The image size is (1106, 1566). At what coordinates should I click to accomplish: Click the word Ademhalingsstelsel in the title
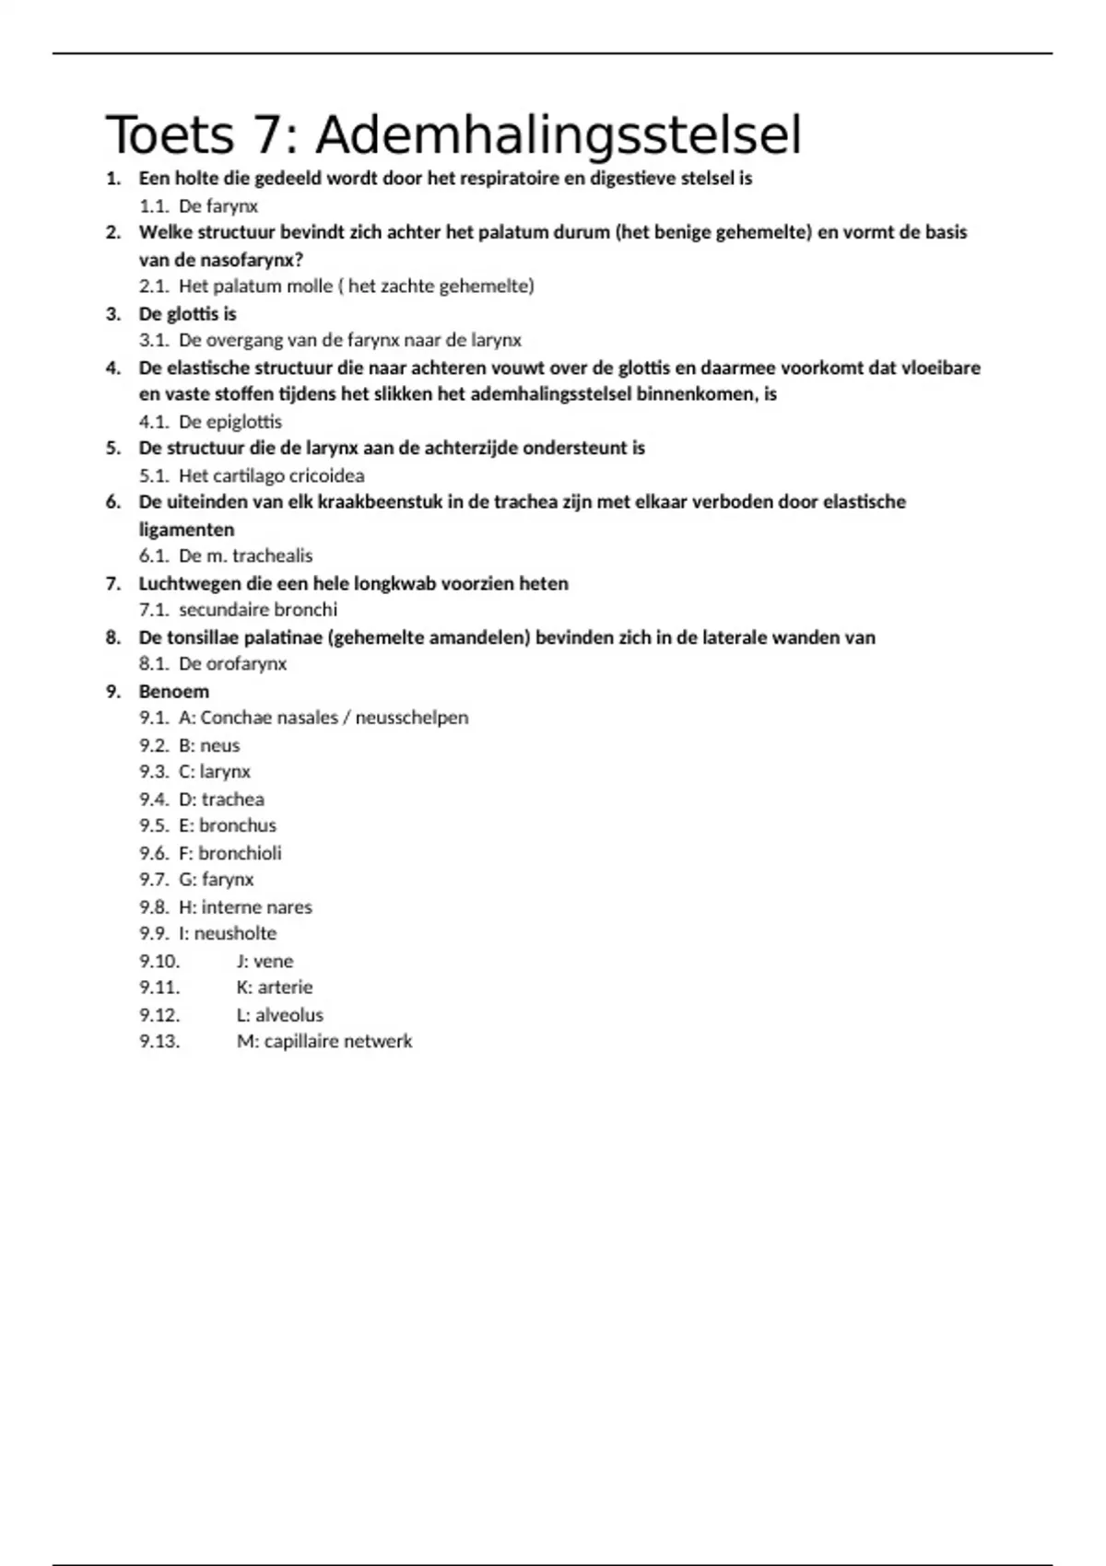[559, 136]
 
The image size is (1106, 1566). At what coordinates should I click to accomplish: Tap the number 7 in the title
[265, 136]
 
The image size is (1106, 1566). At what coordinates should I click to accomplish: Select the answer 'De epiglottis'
[230, 422]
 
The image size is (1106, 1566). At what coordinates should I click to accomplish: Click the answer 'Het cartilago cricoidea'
[271, 475]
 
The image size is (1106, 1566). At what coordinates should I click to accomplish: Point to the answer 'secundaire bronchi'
[258, 609]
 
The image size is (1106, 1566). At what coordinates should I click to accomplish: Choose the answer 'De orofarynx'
[232, 663]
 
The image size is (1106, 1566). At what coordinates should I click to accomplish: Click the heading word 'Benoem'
[174, 691]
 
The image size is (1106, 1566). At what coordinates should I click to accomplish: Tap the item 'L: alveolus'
[280, 1014]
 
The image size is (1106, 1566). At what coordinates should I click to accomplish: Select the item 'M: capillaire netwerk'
[324, 1041]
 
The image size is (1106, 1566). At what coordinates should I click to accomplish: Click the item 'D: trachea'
[221, 799]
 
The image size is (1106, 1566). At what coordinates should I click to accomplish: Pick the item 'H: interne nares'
[245, 906]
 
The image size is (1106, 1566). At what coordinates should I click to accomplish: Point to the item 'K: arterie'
[275, 987]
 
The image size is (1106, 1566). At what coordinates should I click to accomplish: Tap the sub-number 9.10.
[159, 961]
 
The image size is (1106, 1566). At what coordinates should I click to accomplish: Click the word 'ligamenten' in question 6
[186, 530]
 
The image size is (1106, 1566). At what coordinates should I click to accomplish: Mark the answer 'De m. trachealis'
[245, 555]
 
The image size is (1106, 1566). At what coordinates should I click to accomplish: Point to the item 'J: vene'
[265, 961]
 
